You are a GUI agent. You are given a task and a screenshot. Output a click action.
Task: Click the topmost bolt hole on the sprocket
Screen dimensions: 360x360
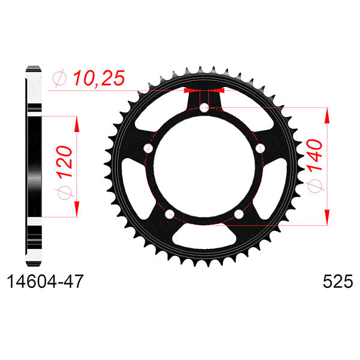pos(204,108)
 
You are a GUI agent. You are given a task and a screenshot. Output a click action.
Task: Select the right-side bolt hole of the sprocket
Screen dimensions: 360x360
pos(260,148)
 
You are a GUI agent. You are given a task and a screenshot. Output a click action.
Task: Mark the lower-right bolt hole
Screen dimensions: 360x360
pos(239,214)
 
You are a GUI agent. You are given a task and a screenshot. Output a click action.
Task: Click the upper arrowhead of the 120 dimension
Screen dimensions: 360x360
pos(77,123)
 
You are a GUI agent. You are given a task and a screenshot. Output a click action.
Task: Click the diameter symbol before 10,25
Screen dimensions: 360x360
pos(59,78)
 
